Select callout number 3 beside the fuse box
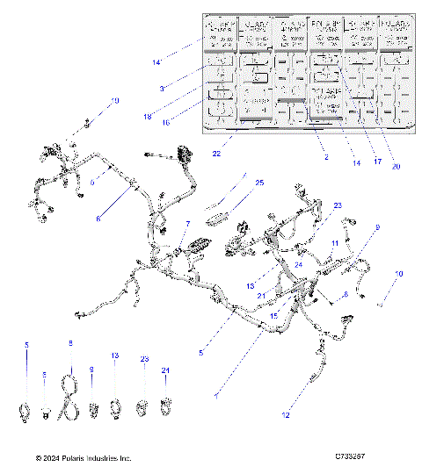point(162,88)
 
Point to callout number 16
point(164,124)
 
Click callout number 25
point(258,183)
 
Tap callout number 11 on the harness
point(334,240)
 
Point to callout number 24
point(298,264)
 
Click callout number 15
point(273,314)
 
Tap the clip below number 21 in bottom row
point(164,406)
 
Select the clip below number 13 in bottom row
point(114,407)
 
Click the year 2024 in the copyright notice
point(55,458)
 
